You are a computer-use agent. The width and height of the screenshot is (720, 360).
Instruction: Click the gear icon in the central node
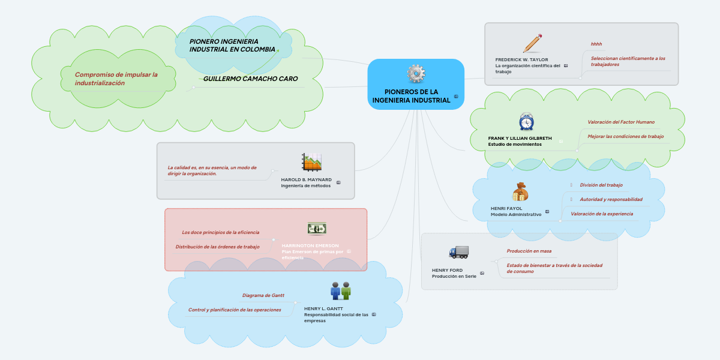point(416,74)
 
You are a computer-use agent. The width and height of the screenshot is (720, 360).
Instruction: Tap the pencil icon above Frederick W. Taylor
point(532,43)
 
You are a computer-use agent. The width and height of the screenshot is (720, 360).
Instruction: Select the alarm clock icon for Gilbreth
point(526,122)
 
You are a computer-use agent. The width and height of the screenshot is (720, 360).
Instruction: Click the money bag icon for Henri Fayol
point(520,192)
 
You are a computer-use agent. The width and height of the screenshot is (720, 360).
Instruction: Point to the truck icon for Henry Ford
point(458,252)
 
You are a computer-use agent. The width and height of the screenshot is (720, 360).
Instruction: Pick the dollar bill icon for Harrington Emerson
point(317,228)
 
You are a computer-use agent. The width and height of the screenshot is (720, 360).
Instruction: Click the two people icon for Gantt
point(340,291)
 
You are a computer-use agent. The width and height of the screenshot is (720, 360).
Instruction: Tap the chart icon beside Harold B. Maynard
point(312,162)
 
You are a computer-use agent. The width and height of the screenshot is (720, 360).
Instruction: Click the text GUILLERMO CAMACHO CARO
point(250,79)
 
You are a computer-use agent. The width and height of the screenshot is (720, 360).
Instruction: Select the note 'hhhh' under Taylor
point(596,44)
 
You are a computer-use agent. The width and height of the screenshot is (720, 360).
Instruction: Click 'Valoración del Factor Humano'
point(621,122)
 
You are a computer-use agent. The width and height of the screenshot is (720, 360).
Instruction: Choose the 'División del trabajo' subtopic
point(601,185)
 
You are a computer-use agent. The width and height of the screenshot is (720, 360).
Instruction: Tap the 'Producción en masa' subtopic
point(529,251)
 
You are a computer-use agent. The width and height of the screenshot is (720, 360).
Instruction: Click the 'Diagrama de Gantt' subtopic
point(263,295)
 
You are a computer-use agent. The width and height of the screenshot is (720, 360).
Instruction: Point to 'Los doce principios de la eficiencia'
point(220,232)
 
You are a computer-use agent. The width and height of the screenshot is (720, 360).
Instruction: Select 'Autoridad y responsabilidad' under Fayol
point(611,199)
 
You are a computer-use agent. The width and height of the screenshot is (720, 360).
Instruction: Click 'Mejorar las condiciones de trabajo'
point(625,136)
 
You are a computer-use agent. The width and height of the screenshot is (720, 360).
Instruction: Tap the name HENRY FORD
point(447,270)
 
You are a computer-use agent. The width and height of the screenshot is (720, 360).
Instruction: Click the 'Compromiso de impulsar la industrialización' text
point(116,79)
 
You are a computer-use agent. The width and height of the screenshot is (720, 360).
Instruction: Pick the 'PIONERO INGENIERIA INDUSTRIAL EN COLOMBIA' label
point(232,45)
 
